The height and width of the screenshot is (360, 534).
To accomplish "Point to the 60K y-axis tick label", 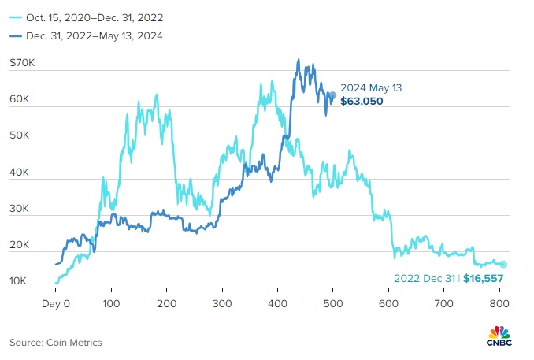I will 20,101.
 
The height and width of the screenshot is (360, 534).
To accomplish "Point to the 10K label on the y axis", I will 20,281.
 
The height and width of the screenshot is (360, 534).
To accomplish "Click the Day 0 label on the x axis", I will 56,302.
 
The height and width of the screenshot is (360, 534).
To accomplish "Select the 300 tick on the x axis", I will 222,302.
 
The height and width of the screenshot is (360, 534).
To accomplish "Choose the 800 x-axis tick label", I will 499,302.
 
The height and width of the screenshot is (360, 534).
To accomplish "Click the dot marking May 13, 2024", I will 332,95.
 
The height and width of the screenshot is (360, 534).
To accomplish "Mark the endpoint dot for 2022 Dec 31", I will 503,265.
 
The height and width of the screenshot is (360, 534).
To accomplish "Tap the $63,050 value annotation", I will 362,102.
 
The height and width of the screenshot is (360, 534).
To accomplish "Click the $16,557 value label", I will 483,278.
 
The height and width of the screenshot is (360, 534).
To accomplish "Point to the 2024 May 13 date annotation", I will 371,88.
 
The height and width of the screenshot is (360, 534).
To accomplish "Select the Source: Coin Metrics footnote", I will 56,342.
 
